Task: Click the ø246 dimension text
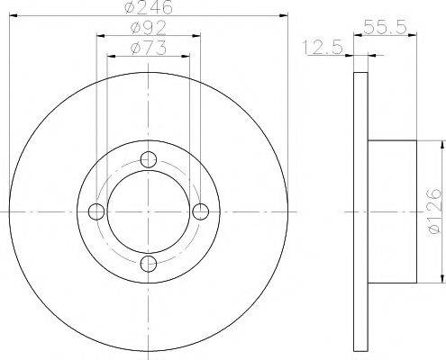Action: tap(148, 7)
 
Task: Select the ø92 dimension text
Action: tap(148, 30)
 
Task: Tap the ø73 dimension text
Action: tap(148, 48)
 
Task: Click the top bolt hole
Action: tap(150, 160)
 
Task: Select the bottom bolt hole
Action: tap(150, 263)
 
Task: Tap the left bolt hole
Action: tap(97, 211)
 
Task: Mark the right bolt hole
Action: tap(201, 211)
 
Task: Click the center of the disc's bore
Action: tap(150, 211)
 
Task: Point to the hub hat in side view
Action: tap(393, 211)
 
